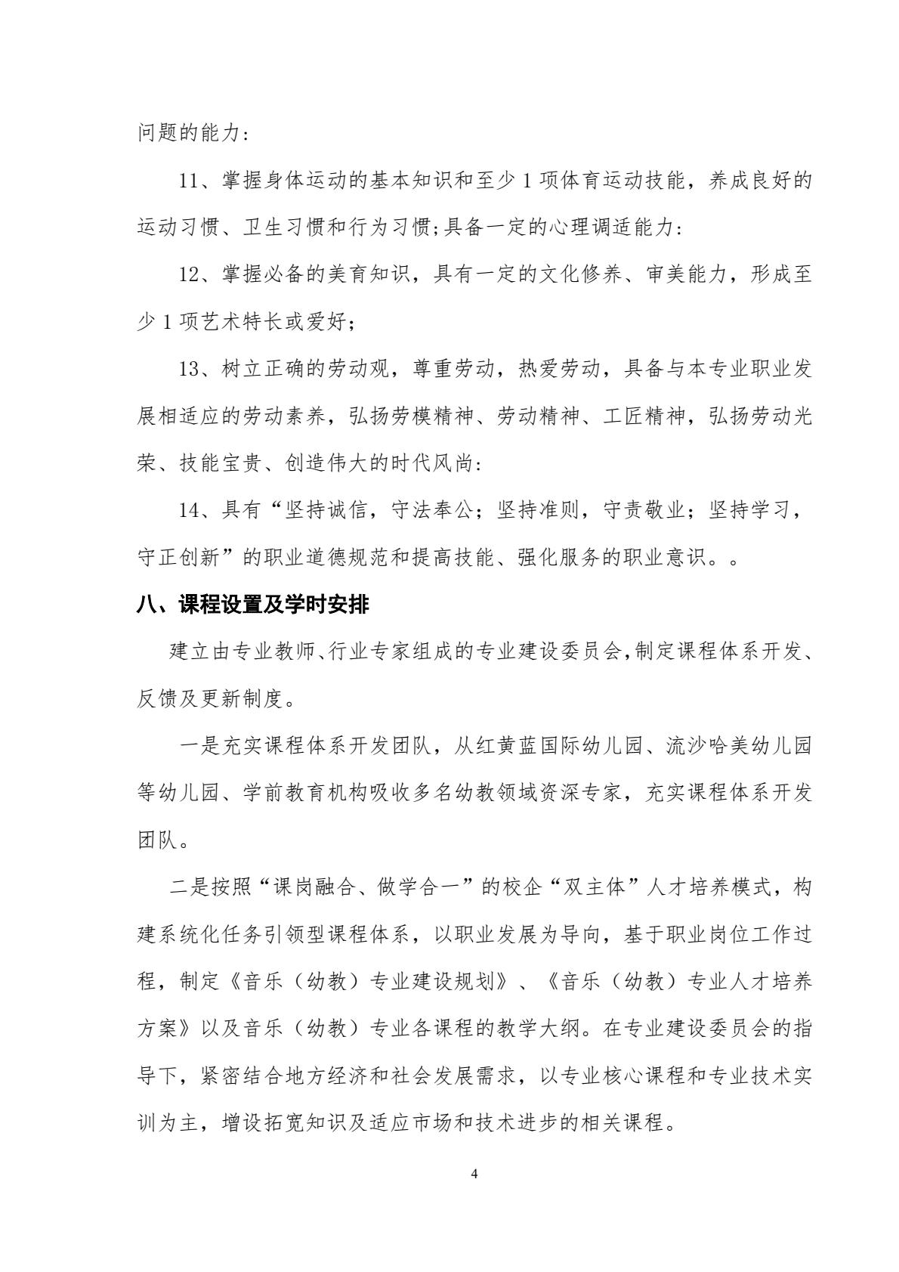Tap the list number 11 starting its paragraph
click(189, 183)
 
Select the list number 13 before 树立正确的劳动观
click(189, 369)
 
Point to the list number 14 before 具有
click(189, 510)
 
